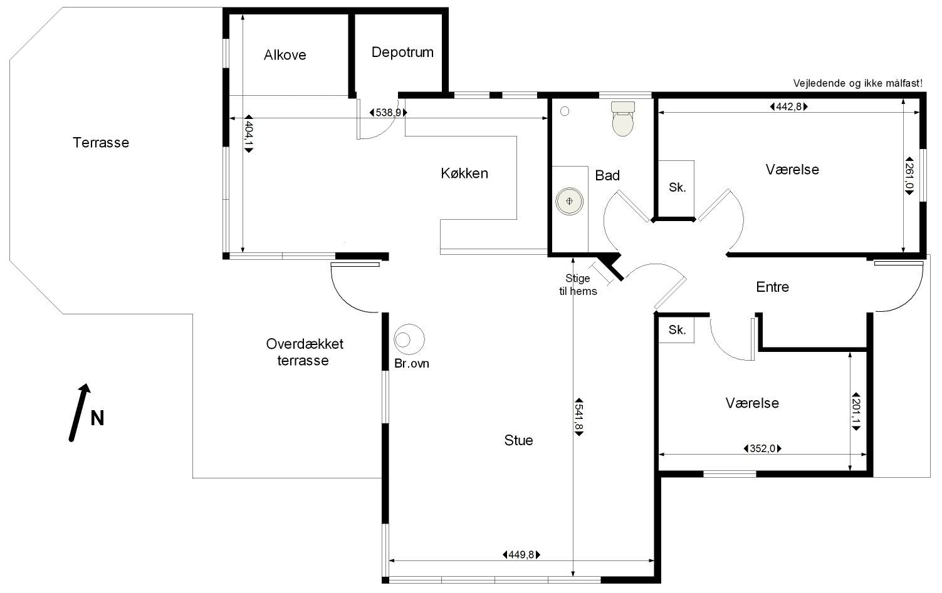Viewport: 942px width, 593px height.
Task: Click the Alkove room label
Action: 285,55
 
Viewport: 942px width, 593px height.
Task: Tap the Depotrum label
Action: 402,53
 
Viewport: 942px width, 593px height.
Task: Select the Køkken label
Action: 464,173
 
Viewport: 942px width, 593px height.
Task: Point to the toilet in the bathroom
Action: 623,118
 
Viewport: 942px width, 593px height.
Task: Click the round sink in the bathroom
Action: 570,201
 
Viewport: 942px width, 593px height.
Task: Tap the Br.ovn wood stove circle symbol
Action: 409,339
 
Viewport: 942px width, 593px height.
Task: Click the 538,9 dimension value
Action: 388,113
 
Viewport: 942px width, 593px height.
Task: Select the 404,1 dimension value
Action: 249,133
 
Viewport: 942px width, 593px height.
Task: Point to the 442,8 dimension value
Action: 788,106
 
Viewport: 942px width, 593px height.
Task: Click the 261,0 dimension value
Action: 909,176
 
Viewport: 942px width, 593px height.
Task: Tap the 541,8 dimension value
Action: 578,416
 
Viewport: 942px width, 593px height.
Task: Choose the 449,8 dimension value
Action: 521,555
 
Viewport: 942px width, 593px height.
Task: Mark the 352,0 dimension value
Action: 762,448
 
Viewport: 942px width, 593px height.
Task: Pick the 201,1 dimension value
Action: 856,411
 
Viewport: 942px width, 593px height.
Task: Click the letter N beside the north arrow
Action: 97,418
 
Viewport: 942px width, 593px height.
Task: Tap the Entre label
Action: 773,287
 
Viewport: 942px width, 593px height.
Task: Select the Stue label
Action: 518,440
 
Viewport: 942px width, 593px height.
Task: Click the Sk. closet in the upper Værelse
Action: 676,189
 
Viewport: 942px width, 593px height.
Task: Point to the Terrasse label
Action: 101,143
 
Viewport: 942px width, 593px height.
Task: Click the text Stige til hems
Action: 578,284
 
